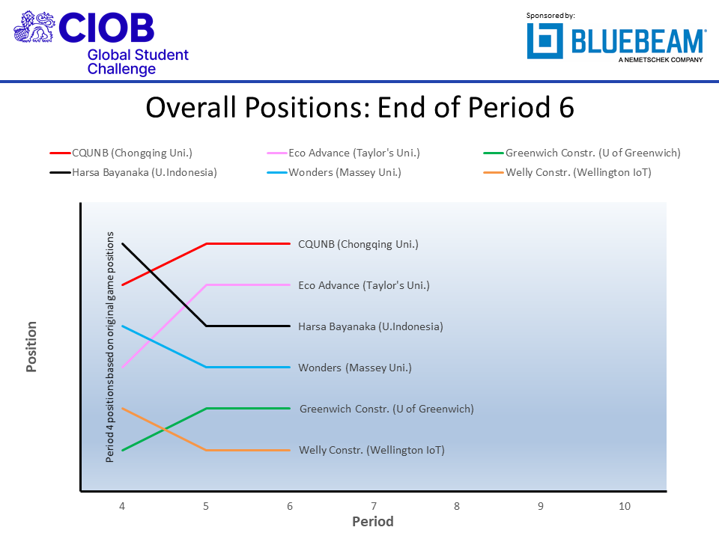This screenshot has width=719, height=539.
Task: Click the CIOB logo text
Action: [x=106, y=28]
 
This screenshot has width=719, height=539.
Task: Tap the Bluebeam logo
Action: [x=616, y=41]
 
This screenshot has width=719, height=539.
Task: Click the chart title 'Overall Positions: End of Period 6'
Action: [x=359, y=108]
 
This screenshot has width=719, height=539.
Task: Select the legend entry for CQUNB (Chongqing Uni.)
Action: [x=132, y=153]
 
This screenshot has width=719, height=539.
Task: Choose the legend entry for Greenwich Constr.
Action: [x=592, y=153]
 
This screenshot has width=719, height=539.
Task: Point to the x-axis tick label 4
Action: [x=122, y=507]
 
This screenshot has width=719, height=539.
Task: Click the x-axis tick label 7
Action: [x=373, y=507]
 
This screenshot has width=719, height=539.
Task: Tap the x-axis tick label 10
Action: [x=624, y=507]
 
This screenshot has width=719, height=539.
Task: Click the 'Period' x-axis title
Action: [x=373, y=522]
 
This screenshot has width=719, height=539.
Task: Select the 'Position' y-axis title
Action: [x=31, y=347]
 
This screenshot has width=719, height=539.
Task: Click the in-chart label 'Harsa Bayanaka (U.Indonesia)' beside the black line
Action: [x=370, y=326]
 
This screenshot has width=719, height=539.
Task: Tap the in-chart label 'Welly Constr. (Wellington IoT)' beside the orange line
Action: [x=371, y=450]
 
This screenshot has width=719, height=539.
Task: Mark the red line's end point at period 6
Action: [x=289, y=243]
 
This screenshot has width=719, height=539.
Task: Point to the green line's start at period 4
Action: [x=122, y=450]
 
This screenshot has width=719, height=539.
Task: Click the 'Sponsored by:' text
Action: [x=550, y=15]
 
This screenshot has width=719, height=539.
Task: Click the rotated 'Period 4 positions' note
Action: [x=110, y=347]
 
